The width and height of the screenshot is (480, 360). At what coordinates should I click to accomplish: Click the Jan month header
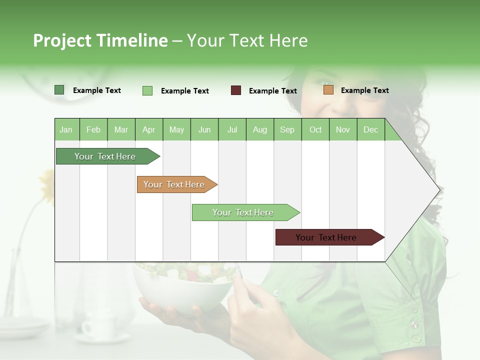coord(66,130)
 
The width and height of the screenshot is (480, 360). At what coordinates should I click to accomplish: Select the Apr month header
coord(149,130)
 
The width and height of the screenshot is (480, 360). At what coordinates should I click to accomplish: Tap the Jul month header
coord(232,130)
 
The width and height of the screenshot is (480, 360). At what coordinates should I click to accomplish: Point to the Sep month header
coord(287,130)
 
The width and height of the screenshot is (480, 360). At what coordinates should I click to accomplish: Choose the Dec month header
coord(370,130)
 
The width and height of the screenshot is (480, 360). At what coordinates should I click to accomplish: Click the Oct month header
coord(315,130)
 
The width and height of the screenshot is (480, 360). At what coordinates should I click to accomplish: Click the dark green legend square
coord(59,90)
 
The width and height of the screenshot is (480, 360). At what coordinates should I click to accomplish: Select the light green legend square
coord(147,90)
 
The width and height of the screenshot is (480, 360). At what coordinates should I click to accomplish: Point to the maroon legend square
coord(236,90)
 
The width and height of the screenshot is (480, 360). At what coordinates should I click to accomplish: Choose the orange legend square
coord(328,90)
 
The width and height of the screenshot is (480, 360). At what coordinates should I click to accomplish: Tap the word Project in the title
coord(62,40)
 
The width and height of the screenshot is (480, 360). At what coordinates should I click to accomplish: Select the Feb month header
coord(93,130)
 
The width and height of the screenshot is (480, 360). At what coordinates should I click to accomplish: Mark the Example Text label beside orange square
coord(364,90)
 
